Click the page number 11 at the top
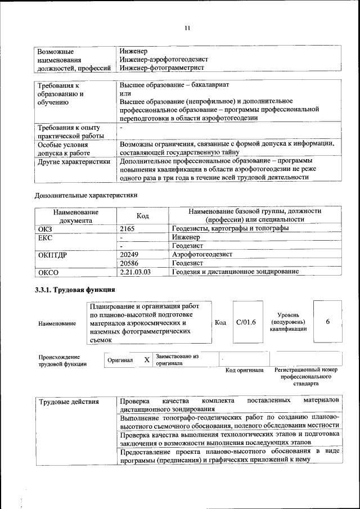(x=188, y=28)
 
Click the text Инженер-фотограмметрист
(x=161, y=67)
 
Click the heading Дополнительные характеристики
(x=86, y=195)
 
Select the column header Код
(x=142, y=216)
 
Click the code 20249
(x=129, y=254)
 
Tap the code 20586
(x=129, y=263)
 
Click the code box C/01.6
(x=246, y=322)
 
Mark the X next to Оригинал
(x=146, y=359)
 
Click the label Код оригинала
(x=245, y=370)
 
